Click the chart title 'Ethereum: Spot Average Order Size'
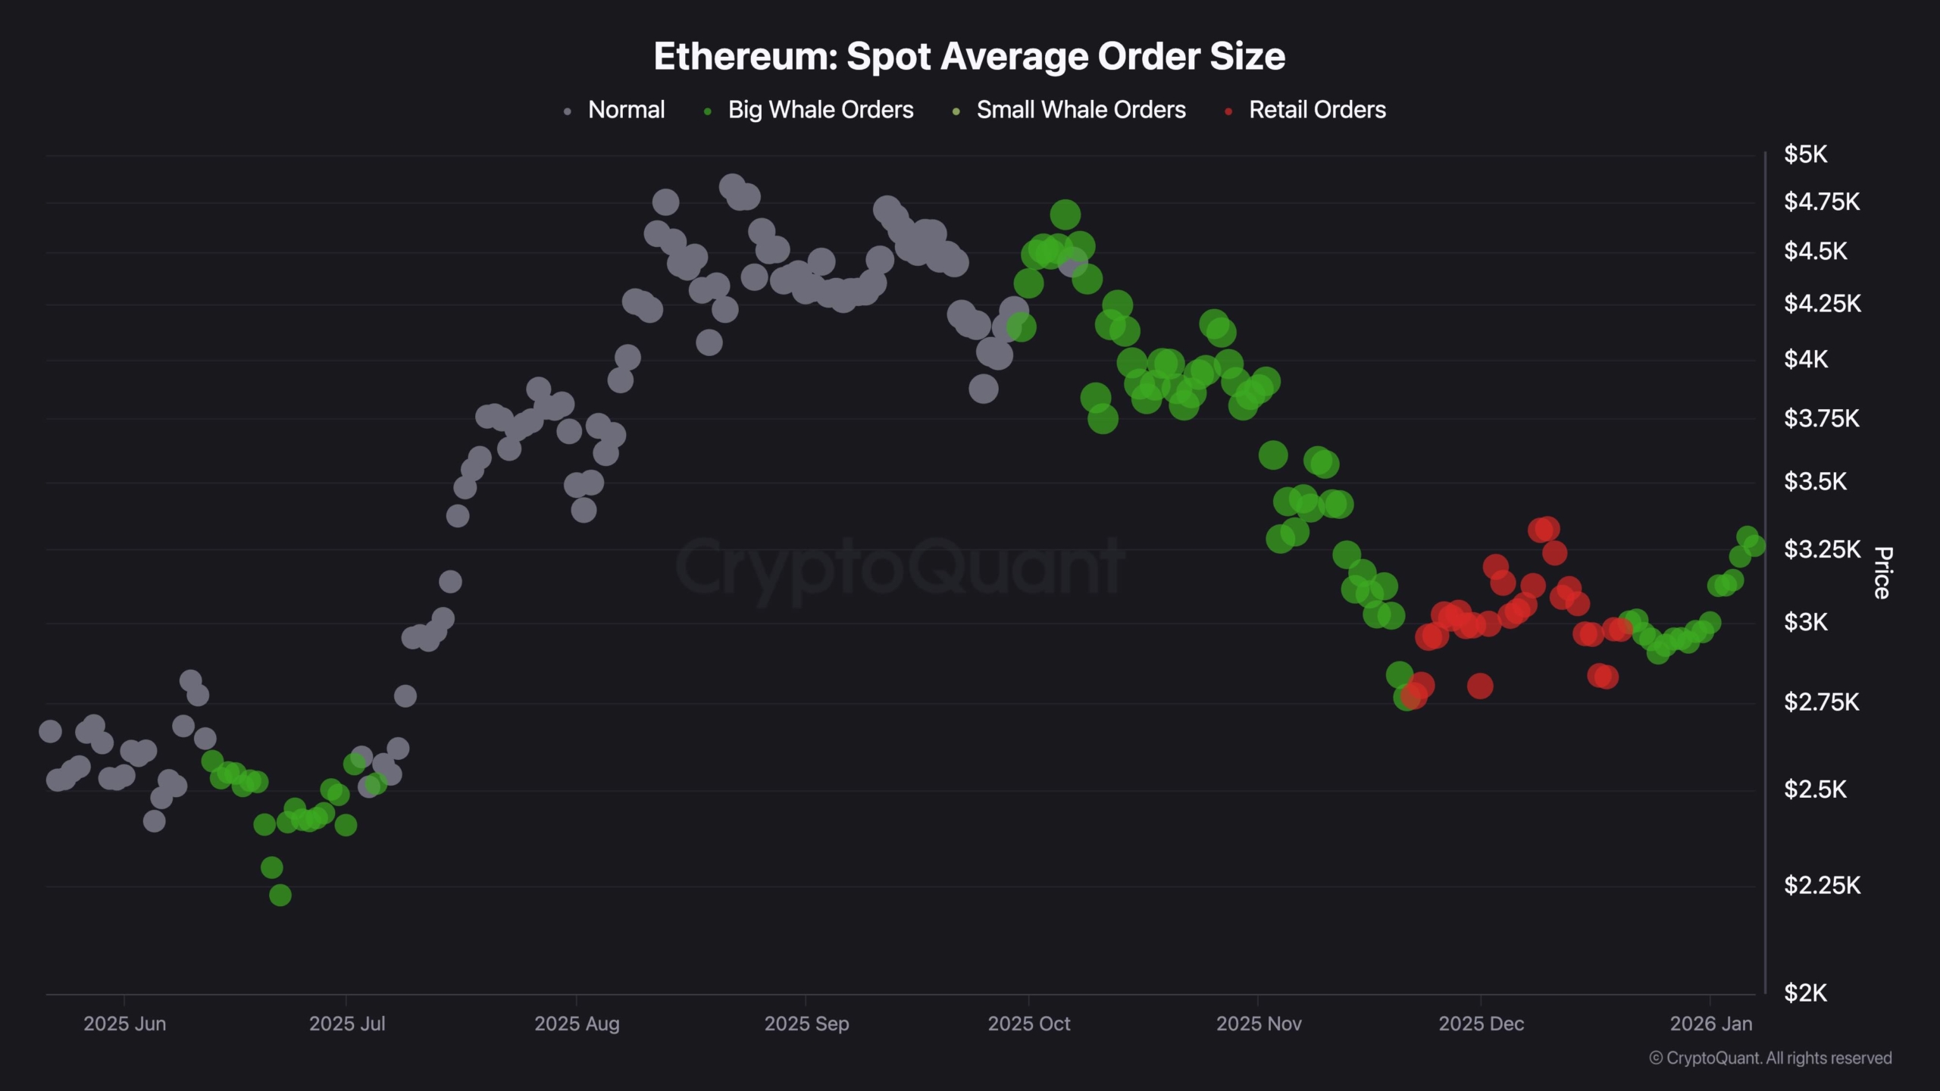click(x=969, y=57)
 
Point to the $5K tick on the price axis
click(x=1805, y=155)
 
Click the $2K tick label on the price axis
click(x=1805, y=993)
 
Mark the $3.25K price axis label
click(x=1822, y=549)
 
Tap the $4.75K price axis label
click(x=1822, y=202)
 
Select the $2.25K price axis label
click(x=1822, y=885)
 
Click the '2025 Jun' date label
click(x=124, y=1024)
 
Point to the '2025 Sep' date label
click(x=806, y=1024)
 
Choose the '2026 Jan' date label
click(x=1711, y=1024)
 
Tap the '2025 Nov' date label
click(x=1259, y=1024)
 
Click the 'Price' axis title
click(x=1882, y=573)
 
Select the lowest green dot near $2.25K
click(x=280, y=895)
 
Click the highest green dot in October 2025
click(x=1065, y=215)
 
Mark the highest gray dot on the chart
click(x=732, y=186)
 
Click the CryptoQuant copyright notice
click(x=1770, y=1058)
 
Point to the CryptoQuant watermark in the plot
click(x=900, y=567)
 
